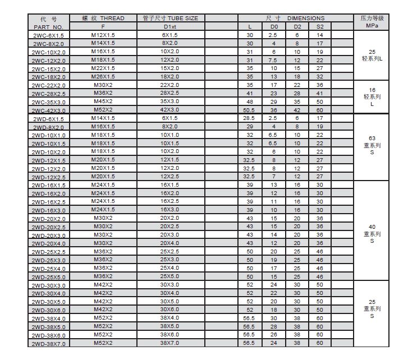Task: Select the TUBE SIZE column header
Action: [x=170, y=19]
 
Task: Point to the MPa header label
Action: [x=372, y=26]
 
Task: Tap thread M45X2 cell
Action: [x=103, y=101]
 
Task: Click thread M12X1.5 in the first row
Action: [x=103, y=35]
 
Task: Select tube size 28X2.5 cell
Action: [x=170, y=93]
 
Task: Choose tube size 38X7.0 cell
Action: [x=170, y=343]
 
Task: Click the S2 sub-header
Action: [x=319, y=26]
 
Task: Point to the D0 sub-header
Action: [x=274, y=26]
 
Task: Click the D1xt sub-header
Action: [x=170, y=26]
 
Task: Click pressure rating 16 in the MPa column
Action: [x=372, y=89]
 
